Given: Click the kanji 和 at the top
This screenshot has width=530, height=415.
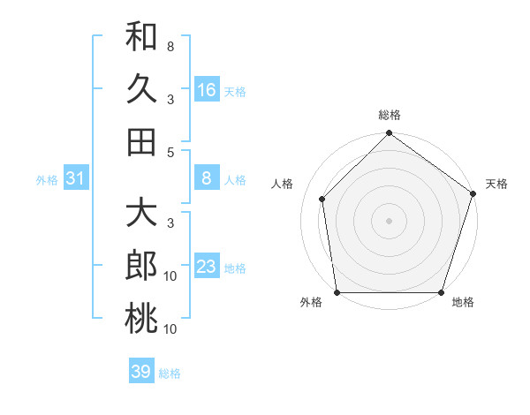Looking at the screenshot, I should (x=141, y=37).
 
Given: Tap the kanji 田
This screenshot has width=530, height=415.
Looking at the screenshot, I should (x=141, y=141).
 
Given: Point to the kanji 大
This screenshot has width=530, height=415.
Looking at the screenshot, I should (x=141, y=215).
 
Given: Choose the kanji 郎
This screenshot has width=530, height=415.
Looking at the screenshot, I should (x=141, y=267).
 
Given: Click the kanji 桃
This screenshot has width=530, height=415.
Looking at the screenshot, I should (x=141, y=319).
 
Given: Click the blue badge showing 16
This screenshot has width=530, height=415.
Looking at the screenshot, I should (x=207, y=89).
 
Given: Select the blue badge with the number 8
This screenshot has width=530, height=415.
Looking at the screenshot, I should (x=207, y=179).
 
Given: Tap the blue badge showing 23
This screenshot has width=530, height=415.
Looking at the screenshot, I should (x=207, y=267).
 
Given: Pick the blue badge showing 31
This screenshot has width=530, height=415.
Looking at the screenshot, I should (x=75, y=179).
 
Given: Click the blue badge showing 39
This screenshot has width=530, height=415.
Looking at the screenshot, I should (x=141, y=372).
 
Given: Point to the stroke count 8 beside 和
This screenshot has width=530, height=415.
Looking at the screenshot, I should (x=170, y=46).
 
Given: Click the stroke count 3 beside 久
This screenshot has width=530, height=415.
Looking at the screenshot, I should (x=170, y=99).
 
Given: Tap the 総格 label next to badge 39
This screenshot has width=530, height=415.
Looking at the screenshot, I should (x=170, y=373).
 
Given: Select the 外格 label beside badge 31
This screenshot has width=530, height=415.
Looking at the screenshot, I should (x=47, y=180).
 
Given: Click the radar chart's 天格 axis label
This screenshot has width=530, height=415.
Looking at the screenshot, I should (x=496, y=184).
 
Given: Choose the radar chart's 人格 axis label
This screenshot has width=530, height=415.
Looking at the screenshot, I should (x=284, y=184).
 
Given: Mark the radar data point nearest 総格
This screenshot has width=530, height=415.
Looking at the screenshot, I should (x=389, y=135).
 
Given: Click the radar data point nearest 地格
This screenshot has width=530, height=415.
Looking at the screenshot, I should (x=441, y=292).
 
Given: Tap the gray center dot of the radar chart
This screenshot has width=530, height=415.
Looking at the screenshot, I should (x=389, y=220).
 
